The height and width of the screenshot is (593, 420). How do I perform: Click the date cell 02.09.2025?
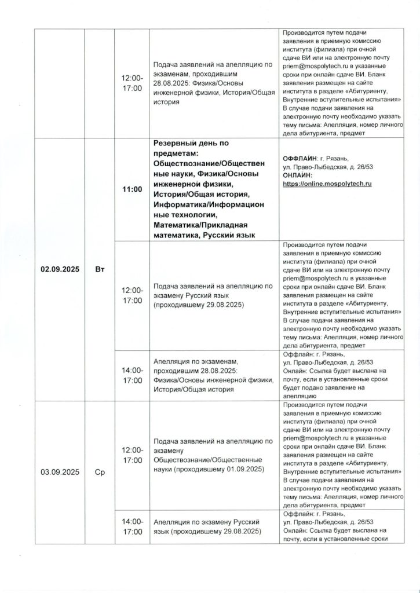click(60, 269)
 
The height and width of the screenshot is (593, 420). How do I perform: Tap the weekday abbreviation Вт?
click(100, 269)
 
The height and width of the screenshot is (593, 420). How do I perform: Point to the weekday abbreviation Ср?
click(100, 472)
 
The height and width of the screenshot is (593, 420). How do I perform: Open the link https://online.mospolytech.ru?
click(327, 183)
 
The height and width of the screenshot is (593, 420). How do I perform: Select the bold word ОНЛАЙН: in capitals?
click(297, 175)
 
